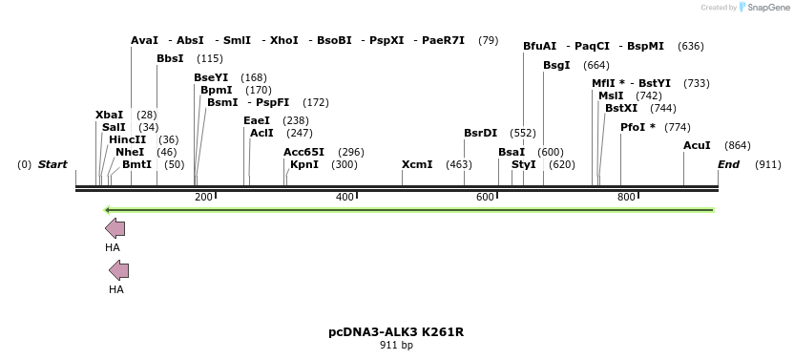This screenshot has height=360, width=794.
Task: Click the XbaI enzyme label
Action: [x=110, y=115]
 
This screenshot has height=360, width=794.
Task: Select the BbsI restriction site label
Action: [x=170, y=59]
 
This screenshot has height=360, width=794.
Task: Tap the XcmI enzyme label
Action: [x=417, y=164]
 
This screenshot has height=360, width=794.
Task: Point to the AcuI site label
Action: [x=697, y=145]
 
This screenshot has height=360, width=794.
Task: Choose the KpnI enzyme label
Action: [x=304, y=164]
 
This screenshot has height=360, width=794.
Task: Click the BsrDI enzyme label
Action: [x=480, y=133]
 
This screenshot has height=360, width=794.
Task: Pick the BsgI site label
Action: [x=556, y=65]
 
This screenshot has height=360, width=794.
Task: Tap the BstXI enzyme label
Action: [x=621, y=108]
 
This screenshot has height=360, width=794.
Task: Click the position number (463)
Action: [x=459, y=164]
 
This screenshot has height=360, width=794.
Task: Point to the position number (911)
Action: [x=767, y=164]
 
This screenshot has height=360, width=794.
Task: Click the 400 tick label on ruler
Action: [x=345, y=197]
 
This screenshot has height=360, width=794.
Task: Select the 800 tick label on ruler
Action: [x=626, y=197]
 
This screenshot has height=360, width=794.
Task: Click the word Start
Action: [x=52, y=164]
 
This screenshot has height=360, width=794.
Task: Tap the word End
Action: [x=729, y=164]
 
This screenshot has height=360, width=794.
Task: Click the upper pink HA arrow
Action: [x=115, y=228]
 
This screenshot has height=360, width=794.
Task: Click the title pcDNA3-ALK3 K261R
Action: [x=396, y=332]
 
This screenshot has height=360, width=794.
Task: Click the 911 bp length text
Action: [x=396, y=346]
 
